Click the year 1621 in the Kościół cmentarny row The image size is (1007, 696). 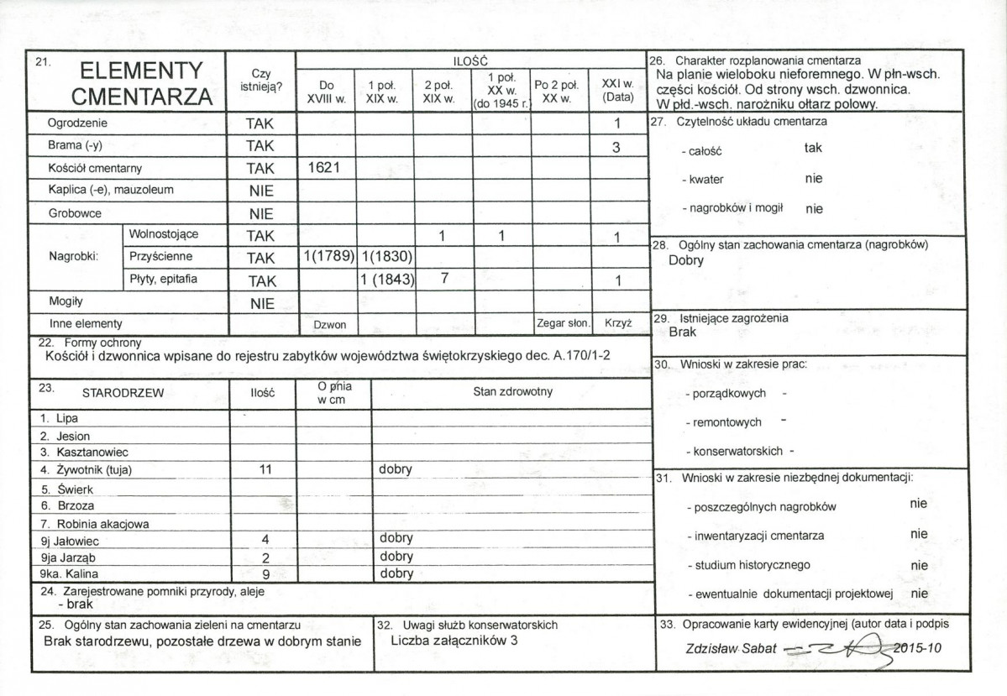pos(325,168)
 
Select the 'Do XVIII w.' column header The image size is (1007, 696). pos(326,92)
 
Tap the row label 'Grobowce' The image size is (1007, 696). pos(75,213)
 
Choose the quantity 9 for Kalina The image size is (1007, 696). pos(265,575)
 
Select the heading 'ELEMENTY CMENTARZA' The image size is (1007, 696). pos(141,83)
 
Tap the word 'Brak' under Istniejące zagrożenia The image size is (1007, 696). pos(683,332)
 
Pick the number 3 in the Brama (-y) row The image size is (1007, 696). pos(617,146)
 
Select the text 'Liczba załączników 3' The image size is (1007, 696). pos(454,641)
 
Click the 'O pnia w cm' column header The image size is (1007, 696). pos(333,391)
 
